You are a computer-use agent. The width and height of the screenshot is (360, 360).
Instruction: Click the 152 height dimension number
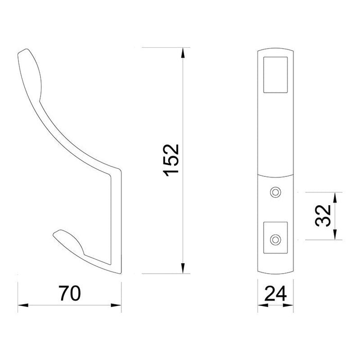171,160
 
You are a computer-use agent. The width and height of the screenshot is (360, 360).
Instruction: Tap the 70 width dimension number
70,293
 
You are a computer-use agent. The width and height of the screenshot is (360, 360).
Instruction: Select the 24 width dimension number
276,293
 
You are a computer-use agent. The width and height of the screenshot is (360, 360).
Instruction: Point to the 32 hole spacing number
323,215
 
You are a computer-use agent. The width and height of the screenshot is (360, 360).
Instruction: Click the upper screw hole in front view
276,192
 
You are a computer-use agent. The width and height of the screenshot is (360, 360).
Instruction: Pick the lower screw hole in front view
276,240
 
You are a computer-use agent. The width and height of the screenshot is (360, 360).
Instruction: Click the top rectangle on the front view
276,75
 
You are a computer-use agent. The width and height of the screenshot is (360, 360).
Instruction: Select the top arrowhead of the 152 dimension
183,52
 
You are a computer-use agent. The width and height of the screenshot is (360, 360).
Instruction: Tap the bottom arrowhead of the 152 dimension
183,268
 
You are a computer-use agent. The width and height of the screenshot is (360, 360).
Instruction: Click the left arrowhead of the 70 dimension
23,305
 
